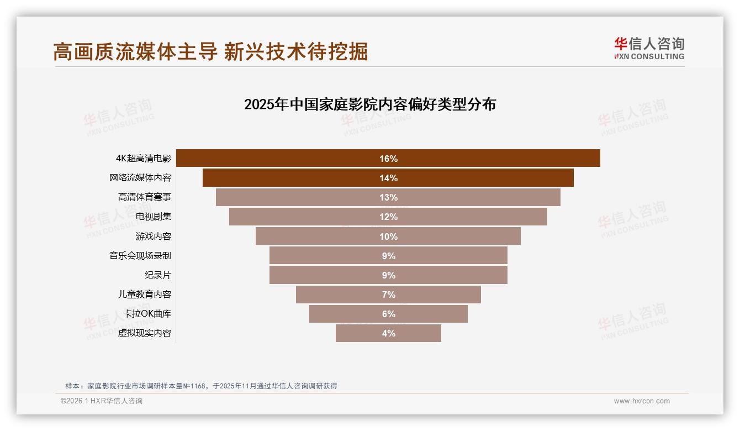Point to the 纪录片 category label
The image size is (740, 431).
[x=158, y=275]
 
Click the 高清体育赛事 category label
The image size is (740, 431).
[x=145, y=197]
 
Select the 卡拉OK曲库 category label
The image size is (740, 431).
[x=147, y=314]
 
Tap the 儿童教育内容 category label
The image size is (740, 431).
[x=145, y=295]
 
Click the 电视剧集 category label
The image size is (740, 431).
[x=154, y=217]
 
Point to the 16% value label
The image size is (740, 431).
[x=388, y=159]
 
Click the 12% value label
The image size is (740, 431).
[x=388, y=217]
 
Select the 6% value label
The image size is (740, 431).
[x=388, y=314]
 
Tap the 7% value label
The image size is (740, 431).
[x=388, y=295]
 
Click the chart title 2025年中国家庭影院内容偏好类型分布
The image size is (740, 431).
[x=370, y=104]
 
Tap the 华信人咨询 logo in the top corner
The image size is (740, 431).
[x=649, y=48]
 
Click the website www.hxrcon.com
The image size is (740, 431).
[x=642, y=401]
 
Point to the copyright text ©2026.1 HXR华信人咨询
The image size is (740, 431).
[x=102, y=401]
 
